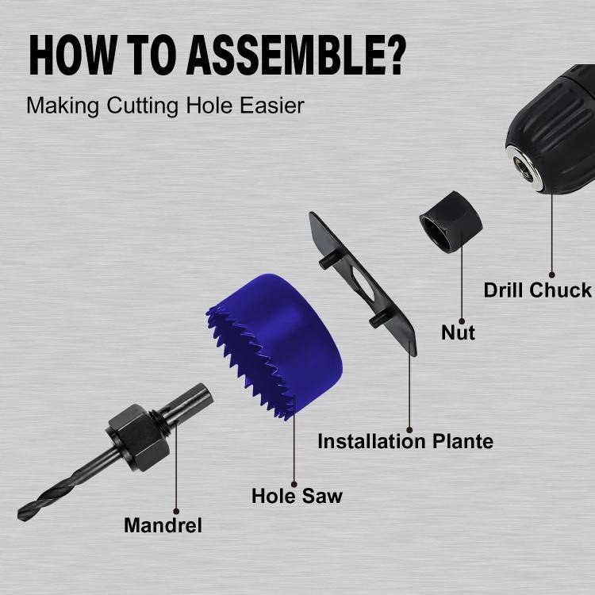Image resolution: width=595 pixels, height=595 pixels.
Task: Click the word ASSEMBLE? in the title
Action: [296, 55]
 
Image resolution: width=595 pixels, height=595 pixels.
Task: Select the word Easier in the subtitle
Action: [272, 105]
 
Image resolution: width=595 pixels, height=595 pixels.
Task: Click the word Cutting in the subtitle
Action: [142, 106]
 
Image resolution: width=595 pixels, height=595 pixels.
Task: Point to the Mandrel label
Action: [163, 525]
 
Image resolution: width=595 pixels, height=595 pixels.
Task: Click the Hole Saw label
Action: [297, 496]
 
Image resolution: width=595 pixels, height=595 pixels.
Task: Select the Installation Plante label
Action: [405, 441]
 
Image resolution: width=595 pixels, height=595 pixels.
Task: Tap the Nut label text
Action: [458, 332]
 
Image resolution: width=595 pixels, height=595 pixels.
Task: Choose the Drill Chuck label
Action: [538, 290]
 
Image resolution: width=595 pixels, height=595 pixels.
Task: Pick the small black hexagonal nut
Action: [451, 222]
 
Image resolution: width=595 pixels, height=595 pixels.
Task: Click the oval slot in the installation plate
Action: [361, 280]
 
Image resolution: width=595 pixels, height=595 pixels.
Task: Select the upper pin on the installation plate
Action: [327, 262]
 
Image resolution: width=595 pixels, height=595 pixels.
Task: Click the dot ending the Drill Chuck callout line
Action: [551, 274]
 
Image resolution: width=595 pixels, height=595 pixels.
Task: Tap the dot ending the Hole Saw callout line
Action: [294, 484]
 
